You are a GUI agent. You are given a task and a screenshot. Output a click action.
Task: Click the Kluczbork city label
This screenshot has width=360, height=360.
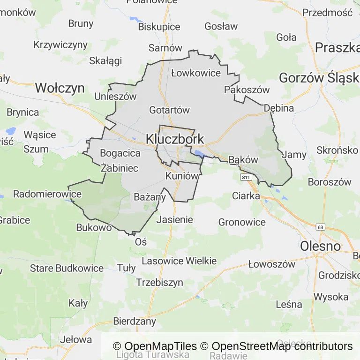(x=175, y=139)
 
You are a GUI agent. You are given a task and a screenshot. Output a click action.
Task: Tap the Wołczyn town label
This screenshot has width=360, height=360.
(x=60, y=88)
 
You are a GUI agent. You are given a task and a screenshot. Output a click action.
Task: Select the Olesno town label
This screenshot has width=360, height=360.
(x=320, y=246)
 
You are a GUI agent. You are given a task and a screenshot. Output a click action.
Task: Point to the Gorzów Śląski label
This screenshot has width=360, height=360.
(x=319, y=78)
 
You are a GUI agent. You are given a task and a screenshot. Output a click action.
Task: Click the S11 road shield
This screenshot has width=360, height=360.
(x=246, y=177)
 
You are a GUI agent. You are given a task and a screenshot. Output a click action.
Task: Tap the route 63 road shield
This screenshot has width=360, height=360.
(x=321, y=227)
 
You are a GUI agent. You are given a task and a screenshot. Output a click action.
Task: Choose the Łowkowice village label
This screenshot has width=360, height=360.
(x=196, y=73)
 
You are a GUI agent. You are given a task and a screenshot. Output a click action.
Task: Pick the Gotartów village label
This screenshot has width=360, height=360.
(x=169, y=110)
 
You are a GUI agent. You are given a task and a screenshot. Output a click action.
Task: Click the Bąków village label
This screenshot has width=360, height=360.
(x=243, y=159)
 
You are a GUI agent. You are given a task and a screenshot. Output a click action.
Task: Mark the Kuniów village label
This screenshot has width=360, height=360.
(x=180, y=176)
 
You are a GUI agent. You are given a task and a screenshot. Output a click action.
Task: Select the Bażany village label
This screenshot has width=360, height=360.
(x=150, y=197)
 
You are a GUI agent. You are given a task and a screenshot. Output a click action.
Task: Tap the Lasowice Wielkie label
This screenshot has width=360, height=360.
(x=179, y=261)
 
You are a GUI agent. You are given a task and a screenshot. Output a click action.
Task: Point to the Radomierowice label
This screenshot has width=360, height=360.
(x=41, y=194)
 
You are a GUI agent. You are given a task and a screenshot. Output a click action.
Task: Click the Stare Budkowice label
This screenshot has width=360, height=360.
(x=67, y=268)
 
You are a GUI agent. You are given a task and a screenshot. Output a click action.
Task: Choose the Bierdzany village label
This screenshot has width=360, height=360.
(x=135, y=321)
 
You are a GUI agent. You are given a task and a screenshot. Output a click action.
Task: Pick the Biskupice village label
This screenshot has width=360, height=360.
(x=159, y=27)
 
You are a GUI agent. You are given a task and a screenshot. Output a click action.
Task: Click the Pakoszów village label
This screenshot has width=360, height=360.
(x=247, y=90)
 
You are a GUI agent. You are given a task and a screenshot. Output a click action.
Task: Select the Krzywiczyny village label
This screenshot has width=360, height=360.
(x=60, y=45)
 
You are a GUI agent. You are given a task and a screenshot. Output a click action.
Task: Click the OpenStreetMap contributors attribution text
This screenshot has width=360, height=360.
(x=282, y=346)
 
